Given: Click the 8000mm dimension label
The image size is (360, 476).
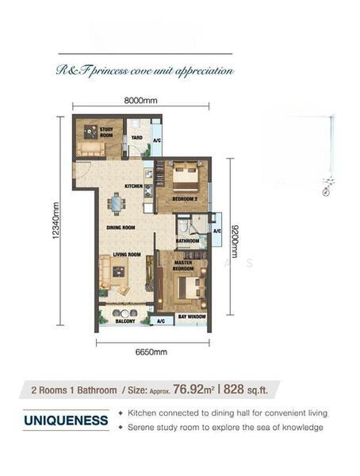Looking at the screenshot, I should point(141,100).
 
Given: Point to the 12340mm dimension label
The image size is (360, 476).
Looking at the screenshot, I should point(56,221).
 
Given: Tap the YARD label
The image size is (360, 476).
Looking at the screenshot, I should point(136,136).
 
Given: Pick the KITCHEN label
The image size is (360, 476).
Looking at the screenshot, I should point(133,187).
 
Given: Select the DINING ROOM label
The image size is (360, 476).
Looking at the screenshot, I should point(121,228).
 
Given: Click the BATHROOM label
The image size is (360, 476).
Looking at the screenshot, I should point(187,240).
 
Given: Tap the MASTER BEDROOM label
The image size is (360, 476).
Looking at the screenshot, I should point(183,266).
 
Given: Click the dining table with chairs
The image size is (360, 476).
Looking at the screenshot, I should point(117,205).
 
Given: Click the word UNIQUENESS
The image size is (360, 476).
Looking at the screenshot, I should point(66,420).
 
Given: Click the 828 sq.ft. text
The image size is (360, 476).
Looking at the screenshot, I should point(251,390).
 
